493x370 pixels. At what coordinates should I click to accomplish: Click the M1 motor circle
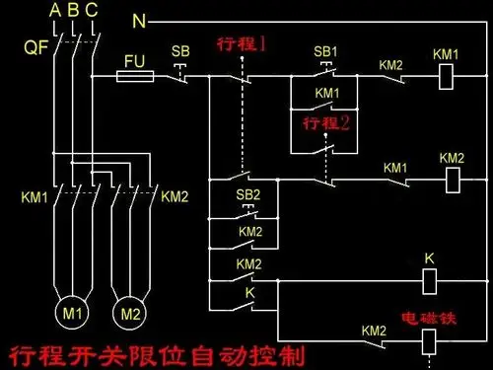74,314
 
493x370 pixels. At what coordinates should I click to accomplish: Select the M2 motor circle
129,314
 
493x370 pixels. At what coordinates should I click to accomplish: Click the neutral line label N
139,21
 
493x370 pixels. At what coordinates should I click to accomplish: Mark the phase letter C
92,10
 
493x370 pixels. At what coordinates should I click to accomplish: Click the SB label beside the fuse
180,50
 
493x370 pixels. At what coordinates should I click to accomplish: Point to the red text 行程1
242,45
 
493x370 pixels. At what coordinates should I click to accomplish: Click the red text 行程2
326,123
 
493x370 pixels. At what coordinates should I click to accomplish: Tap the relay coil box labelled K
429,281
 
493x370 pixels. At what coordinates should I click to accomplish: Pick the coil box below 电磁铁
428,341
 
